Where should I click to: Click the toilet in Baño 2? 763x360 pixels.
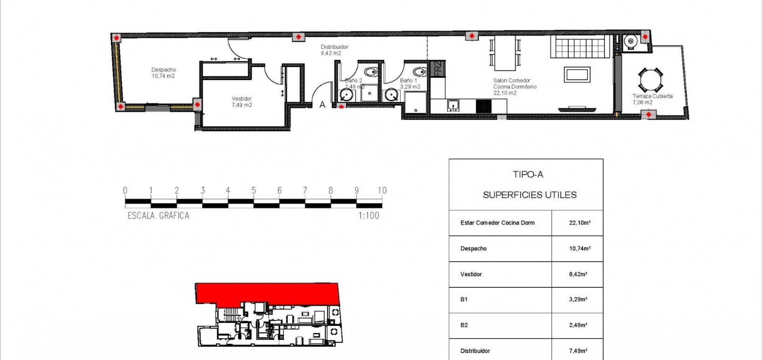click(371, 72)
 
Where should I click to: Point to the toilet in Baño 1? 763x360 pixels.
click(420, 72)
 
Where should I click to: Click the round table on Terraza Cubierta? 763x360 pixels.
click(650, 80)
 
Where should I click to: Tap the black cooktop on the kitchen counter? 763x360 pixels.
click(484, 106)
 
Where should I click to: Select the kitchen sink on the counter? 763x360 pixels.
click(453, 106)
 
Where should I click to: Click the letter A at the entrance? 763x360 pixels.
click(322, 105)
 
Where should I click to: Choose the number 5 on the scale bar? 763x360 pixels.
click(253, 190)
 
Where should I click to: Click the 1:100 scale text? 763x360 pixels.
click(368, 216)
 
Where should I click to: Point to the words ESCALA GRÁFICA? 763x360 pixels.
click(158, 216)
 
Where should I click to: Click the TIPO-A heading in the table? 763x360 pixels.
click(528, 175)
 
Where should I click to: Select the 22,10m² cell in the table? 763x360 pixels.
click(579, 223)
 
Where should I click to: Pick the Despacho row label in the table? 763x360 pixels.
click(473, 249)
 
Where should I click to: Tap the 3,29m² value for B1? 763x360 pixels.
click(578, 299)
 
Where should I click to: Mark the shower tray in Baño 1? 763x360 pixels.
click(415, 102)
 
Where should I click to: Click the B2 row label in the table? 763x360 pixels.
click(464, 325)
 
